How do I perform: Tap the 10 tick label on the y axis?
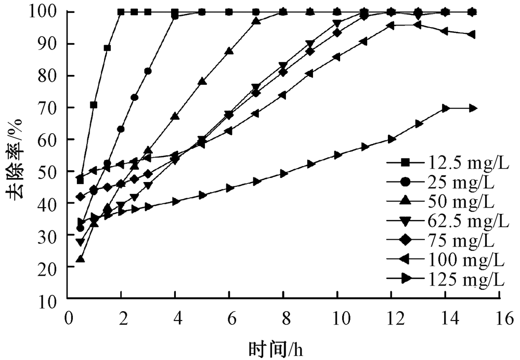point(52,299)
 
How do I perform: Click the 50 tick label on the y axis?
point(52,171)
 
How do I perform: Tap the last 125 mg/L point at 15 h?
point(473,108)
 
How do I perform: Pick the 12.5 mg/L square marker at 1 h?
point(94,105)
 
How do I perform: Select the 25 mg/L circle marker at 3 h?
point(148,71)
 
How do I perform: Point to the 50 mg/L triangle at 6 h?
point(229,51)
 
